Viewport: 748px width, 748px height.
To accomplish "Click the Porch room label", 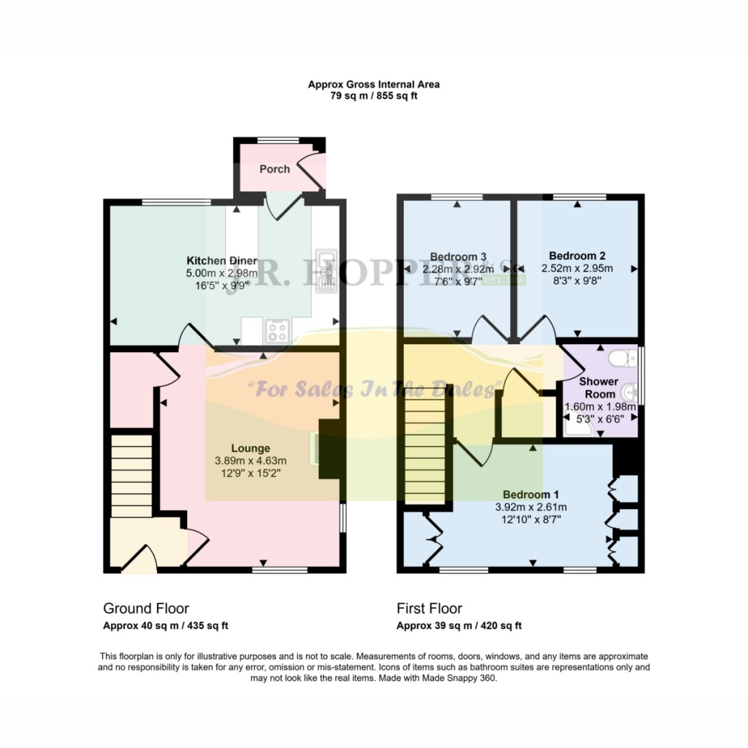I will click(275, 169).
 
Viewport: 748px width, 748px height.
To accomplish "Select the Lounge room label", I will click(251, 449).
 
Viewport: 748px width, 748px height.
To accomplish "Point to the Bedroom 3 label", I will click(458, 256).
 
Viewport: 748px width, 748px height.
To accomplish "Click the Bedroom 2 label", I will click(577, 256).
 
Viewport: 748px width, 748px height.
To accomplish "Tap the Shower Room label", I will click(598, 388).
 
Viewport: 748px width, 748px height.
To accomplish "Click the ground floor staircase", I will click(131, 475).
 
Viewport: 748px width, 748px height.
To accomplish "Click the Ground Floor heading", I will click(146, 608).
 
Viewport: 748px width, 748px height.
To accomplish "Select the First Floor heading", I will click(430, 608).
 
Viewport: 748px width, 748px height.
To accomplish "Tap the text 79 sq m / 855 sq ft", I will click(373, 96).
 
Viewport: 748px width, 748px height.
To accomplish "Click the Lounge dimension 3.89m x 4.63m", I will click(251, 461).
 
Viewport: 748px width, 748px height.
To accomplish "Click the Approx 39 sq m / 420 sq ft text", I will click(459, 626).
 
